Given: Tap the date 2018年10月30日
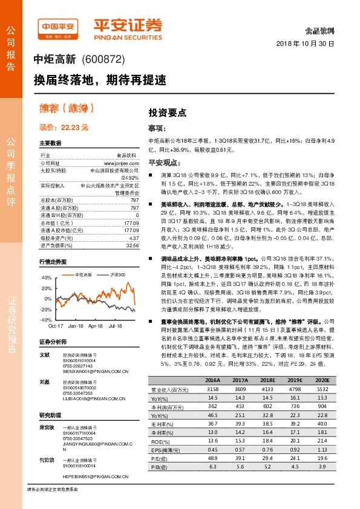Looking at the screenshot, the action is tap(305, 44).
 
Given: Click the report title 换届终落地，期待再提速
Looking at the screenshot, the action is tap(99, 79).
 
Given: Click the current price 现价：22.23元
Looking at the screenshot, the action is tap(64, 128).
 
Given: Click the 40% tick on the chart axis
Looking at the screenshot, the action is tap(47, 277).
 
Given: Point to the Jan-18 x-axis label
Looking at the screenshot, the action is tap(76, 325).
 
